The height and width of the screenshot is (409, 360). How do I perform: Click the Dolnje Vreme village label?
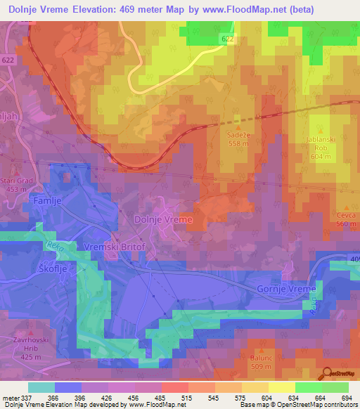pos(163,220)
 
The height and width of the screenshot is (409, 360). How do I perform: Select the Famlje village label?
pos(48,200)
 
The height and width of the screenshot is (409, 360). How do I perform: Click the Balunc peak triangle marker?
pos(261,349)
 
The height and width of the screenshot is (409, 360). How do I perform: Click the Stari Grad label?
pos(15,181)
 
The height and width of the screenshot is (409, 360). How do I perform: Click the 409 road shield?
pos(353,260)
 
